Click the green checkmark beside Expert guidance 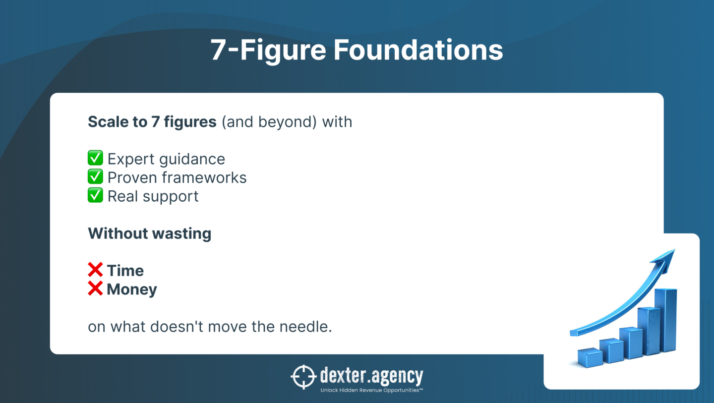(95, 158)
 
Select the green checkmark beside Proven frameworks (95, 176)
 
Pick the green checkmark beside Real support (95, 195)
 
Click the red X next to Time (95, 270)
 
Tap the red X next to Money (95, 288)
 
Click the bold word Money (132, 290)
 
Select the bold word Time (125, 271)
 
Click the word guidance (192, 160)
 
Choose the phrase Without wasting (150, 234)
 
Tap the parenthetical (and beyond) (269, 122)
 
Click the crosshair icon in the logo (303, 377)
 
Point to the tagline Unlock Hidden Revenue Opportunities (372, 390)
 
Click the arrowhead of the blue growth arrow (664, 259)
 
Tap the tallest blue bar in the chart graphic (665, 320)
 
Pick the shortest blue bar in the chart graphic (590, 358)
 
